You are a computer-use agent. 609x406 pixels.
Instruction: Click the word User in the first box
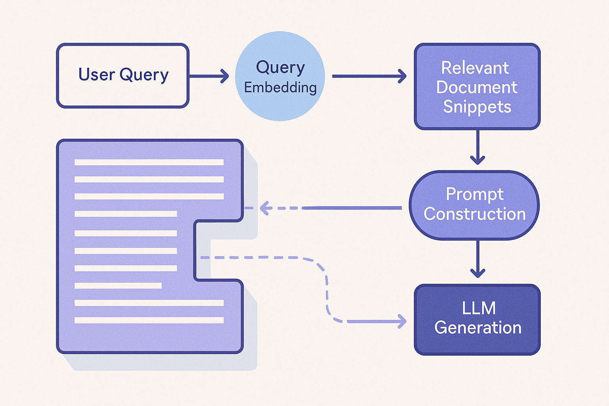[x=97, y=75]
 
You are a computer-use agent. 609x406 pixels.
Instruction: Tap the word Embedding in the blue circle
[x=280, y=88]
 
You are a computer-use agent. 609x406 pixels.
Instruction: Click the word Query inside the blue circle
[x=280, y=67]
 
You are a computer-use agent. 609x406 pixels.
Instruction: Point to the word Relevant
[x=475, y=68]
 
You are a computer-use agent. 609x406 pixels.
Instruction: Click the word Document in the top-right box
[x=477, y=87]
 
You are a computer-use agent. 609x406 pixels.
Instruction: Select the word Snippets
[x=477, y=107]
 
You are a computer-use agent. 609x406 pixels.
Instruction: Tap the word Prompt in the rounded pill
[x=475, y=194]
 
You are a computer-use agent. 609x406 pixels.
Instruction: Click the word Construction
[x=475, y=214]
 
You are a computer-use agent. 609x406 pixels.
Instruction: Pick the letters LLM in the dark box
[x=479, y=308]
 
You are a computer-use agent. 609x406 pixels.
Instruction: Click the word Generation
[x=478, y=328]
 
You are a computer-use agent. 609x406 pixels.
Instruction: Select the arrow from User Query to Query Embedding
[x=209, y=76]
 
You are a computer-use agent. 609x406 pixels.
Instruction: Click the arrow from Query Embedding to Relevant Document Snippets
[x=369, y=76]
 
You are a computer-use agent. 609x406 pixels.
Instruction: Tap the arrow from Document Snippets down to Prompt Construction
[x=477, y=147]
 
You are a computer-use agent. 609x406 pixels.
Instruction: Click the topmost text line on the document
[x=149, y=162]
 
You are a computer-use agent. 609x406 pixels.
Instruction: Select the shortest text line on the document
[x=118, y=285]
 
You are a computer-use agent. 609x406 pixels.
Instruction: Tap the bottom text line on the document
[x=149, y=320]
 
